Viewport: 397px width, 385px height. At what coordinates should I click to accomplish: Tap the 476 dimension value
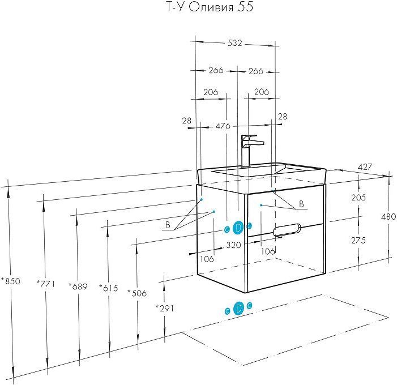223,126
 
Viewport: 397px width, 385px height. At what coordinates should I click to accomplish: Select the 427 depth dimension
364,168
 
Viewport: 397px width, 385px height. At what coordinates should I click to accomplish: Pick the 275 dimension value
358,240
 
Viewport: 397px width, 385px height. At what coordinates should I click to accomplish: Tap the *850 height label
10,281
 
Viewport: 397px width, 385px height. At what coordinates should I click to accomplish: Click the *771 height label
45,283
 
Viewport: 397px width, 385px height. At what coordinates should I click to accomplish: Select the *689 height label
77,286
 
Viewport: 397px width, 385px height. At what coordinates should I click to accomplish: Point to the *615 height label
108,288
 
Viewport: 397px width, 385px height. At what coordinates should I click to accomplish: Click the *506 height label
137,293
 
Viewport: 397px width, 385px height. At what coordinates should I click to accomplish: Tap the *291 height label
164,308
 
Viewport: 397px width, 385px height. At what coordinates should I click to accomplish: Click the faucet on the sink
248,149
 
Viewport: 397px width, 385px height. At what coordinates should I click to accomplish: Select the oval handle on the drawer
288,229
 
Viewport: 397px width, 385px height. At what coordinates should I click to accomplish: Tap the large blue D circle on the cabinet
238,227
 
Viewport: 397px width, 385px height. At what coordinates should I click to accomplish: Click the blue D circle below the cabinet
238,308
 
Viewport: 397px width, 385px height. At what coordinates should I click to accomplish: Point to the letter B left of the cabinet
168,225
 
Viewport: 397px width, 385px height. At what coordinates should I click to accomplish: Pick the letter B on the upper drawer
301,204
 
